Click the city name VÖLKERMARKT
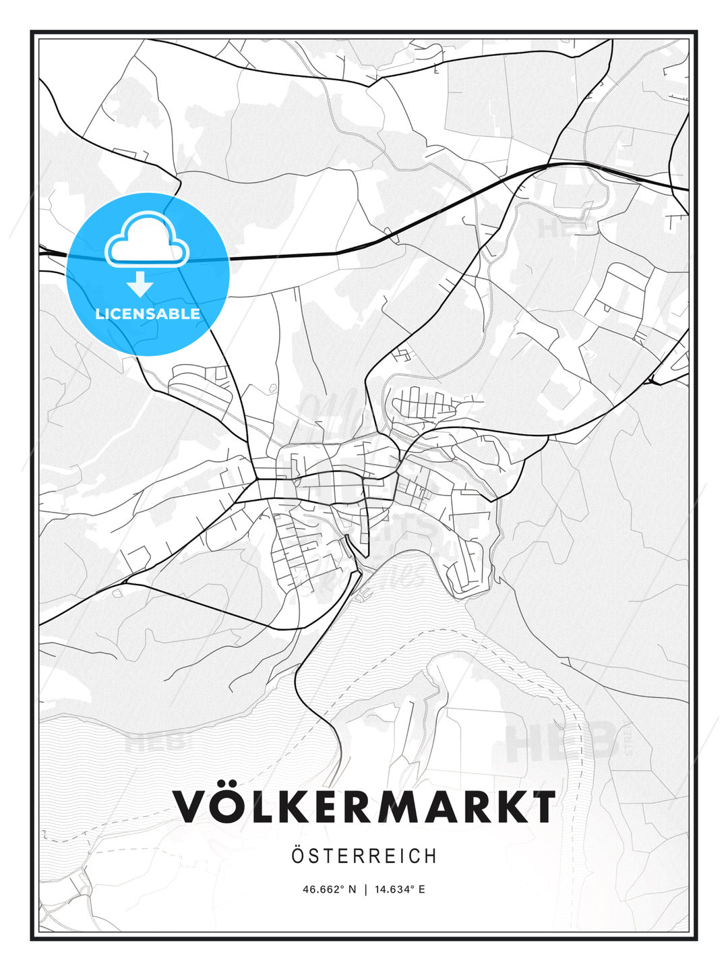click(x=364, y=806)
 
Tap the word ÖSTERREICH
click(x=364, y=856)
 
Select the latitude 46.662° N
click(x=329, y=889)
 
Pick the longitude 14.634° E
click(x=399, y=889)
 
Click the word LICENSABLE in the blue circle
click(x=148, y=314)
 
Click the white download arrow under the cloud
click(x=140, y=284)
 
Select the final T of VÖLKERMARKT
click(x=540, y=806)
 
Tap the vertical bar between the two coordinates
click(x=365, y=889)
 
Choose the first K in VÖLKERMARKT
click(x=286, y=806)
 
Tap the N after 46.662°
click(x=351, y=889)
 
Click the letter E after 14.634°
click(x=421, y=889)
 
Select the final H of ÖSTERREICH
click(x=430, y=856)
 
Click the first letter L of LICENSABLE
click(x=100, y=314)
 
